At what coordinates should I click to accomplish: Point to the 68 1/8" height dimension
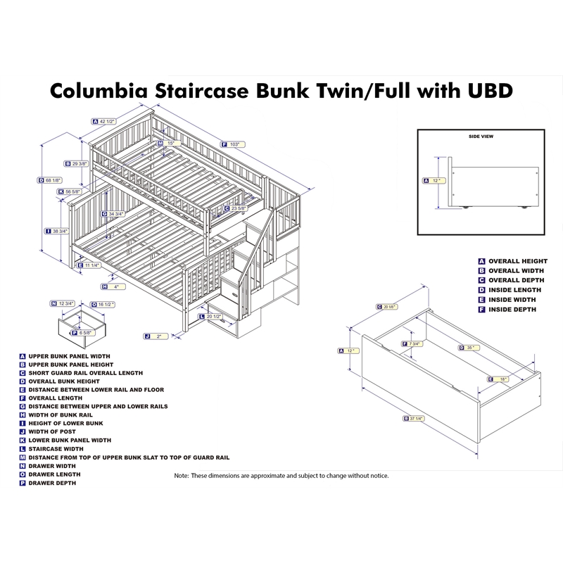coord(53,180)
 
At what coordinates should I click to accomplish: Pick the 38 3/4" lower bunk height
coord(59,231)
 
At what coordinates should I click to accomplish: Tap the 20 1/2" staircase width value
coord(215,317)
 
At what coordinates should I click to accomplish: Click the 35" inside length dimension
coord(470,347)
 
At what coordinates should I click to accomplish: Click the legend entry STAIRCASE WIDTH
coord(56,448)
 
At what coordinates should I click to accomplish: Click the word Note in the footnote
coord(182,476)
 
